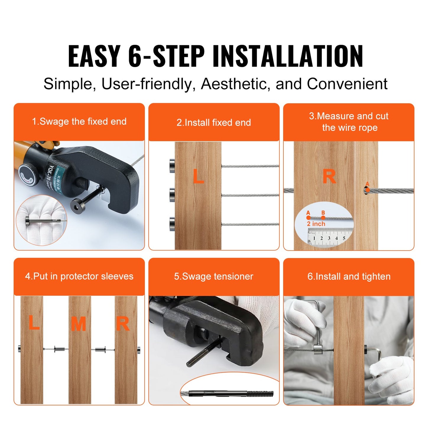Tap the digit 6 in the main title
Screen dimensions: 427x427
[x=135, y=56]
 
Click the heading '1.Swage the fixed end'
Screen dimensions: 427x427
[x=79, y=121]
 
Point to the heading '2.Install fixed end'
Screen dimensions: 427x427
[x=214, y=122]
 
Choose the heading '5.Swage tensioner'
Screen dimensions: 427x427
[x=214, y=276]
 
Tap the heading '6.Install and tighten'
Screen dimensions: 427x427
[x=349, y=276]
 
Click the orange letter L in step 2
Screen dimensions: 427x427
[x=198, y=176]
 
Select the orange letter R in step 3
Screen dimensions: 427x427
[x=329, y=176]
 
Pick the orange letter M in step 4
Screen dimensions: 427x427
[x=78, y=324]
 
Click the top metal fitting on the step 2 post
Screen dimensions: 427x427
[x=172, y=166]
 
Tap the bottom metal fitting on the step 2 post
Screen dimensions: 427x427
[x=172, y=224]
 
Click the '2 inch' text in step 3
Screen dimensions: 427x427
[x=316, y=224]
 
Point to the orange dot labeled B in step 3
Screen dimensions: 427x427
[x=323, y=217]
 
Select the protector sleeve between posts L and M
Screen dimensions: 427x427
[x=59, y=349]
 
